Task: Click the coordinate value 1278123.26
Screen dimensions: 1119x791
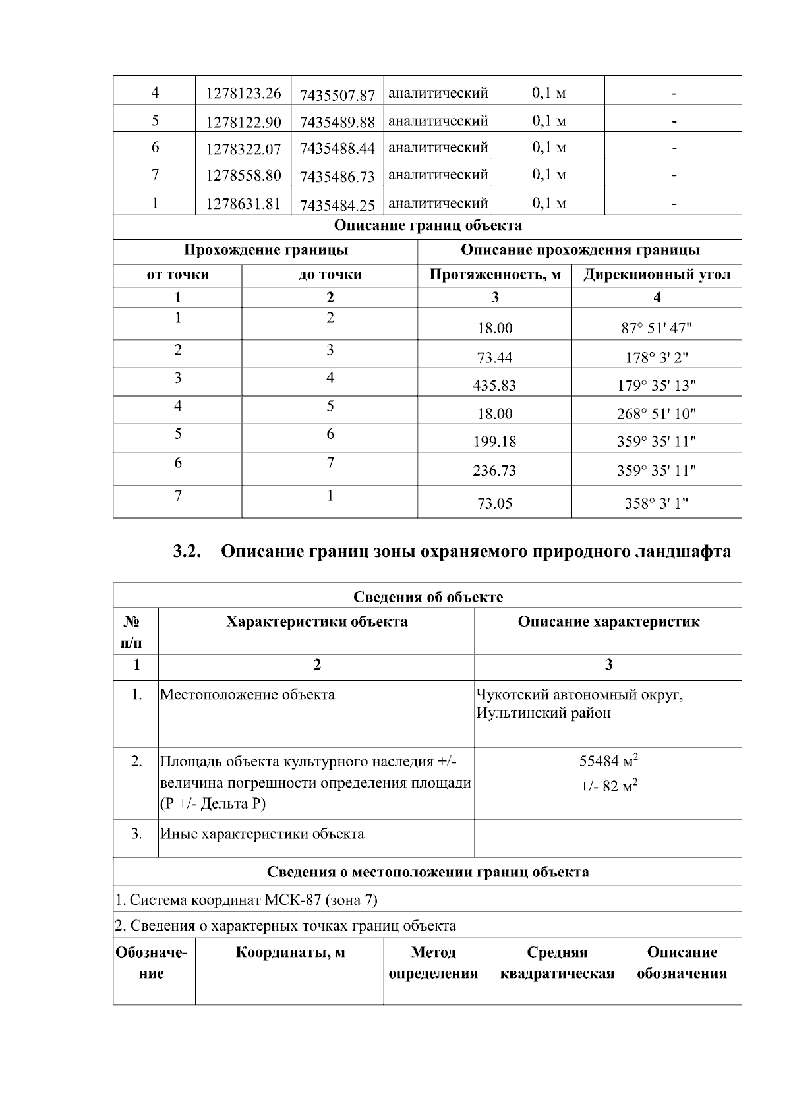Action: click(x=243, y=94)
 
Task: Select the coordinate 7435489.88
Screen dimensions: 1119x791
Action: click(x=337, y=123)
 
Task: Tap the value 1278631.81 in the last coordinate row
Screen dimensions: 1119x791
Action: click(x=243, y=204)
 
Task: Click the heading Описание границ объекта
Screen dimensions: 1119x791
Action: click(x=428, y=225)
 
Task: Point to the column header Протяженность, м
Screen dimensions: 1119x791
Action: click(x=494, y=275)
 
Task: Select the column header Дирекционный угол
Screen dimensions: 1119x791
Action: click(x=657, y=275)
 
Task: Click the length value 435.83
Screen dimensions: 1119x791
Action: click(x=494, y=386)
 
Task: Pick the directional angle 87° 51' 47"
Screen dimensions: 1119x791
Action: click(x=657, y=328)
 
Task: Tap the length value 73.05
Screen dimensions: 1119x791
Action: click(x=494, y=504)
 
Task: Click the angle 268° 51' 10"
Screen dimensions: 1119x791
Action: click(x=657, y=414)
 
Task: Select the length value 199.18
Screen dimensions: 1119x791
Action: click(x=494, y=442)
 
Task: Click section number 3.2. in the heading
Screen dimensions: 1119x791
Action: click(x=187, y=552)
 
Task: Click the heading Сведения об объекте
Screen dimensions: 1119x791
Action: click(x=428, y=597)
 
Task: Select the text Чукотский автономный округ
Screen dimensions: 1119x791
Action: click(x=579, y=695)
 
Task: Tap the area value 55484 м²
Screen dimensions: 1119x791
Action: click(x=608, y=762)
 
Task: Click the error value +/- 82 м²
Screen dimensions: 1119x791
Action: click(x=608, y=786)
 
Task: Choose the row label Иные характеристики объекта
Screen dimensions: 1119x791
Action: click(x=262, y=834)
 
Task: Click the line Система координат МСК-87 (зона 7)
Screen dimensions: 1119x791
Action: click(x=247, y=900)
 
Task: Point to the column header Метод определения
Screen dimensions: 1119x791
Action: click(x=433, y=963)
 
